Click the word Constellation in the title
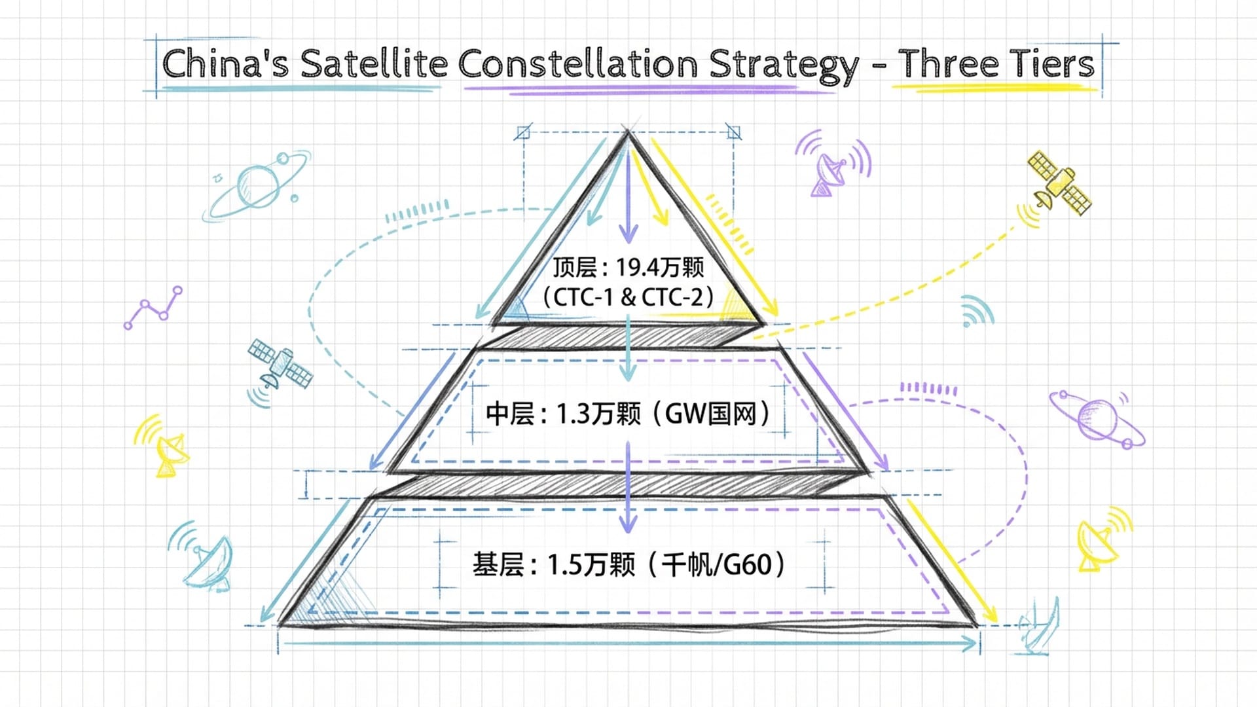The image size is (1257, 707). [578, 64]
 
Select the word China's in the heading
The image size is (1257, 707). [225, 64]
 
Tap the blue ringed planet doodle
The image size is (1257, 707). [257, 185]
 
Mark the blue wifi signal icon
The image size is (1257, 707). [976, 311]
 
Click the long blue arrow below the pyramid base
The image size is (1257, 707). [628, 645]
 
